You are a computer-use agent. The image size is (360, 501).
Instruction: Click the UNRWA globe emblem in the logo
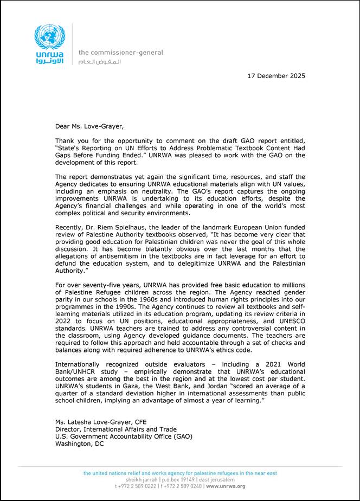point(49,36)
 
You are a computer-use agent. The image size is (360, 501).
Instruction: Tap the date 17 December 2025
point(276,76)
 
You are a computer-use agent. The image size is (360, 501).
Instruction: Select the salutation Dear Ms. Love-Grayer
point(89,126)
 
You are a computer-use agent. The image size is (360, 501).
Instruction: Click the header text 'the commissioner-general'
point(120,53)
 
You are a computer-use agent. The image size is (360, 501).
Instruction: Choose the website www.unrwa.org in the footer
point(226,486)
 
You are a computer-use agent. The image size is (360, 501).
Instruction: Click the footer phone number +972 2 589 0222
point(138,486)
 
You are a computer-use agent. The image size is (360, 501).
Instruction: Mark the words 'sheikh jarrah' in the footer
point(141,480)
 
